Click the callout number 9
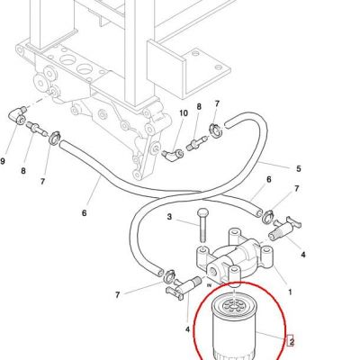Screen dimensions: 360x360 coord(3,161)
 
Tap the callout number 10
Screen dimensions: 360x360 coord(184,113)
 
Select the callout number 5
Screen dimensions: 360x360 coord(298,168)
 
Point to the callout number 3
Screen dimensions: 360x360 coord(169,216)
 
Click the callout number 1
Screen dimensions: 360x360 coord(290,292)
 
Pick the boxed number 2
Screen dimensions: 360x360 coord(291,341)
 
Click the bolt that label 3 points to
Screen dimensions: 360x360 coord(202,226)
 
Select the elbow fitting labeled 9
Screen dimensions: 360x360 coord(16,115)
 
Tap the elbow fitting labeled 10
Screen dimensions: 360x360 coord(173,155)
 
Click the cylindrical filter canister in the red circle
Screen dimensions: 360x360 coord(233,328)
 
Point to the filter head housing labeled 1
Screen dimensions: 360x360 coord(235,258)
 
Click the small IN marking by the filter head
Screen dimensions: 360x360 coord(210,285)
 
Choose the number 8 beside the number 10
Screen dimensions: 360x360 coord(199,106)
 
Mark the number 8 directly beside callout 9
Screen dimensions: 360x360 coord(23,171)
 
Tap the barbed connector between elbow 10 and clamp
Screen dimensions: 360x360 coord(197,143)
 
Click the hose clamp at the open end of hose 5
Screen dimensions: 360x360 coord(215,130)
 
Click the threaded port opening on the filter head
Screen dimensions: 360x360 coord(214,271)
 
